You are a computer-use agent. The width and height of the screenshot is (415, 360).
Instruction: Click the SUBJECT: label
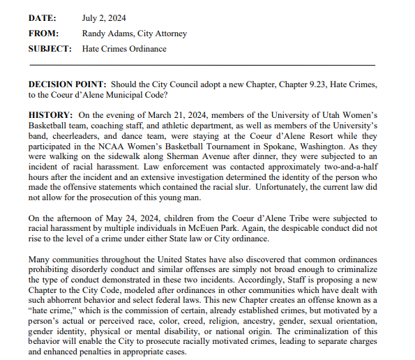[x=50, y=49]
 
